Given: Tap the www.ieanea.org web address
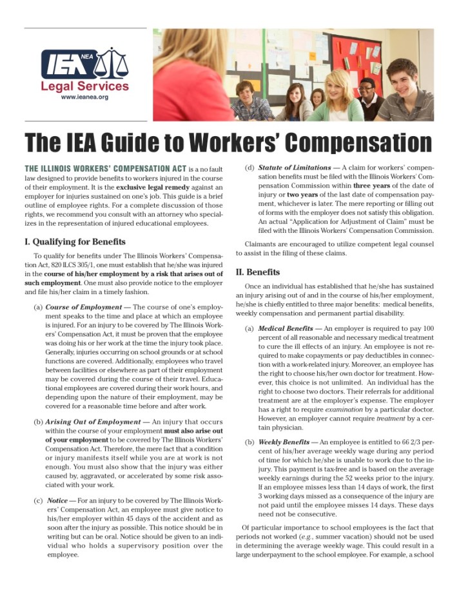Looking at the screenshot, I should tap(84, 97).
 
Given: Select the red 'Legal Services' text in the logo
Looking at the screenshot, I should tap(84, 86).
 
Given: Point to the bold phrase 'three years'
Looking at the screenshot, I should tap(390, 187).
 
